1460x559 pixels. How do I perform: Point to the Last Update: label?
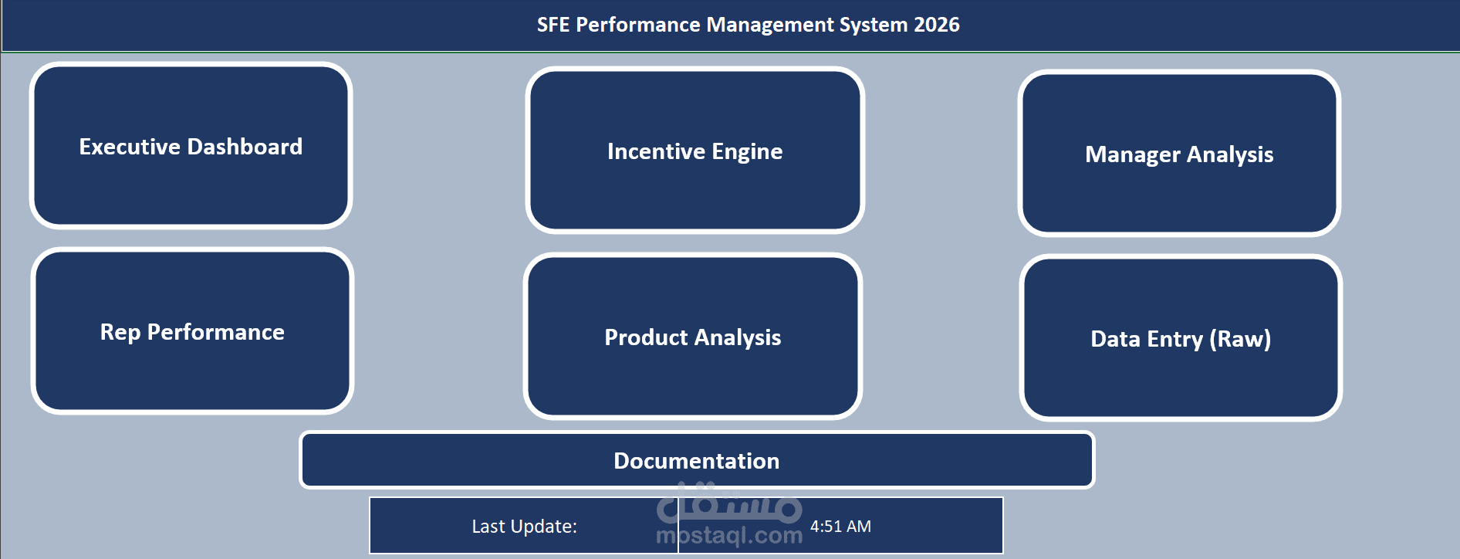[x=524, y=527]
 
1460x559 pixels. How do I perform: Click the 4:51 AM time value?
[x=840, y=527]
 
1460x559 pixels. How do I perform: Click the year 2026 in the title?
[x=937, y=25]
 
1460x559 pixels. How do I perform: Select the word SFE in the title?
[x=553, y=25]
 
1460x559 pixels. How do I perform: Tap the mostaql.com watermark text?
[x=728, y=536]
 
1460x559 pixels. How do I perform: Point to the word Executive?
[x=130, y=147]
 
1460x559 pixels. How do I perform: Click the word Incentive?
[x=656, y=151]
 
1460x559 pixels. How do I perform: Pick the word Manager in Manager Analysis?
[x=1132, y=154]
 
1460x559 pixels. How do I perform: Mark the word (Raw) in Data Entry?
[x=1240, y=339]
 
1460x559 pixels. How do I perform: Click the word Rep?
[x=120, y=332]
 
